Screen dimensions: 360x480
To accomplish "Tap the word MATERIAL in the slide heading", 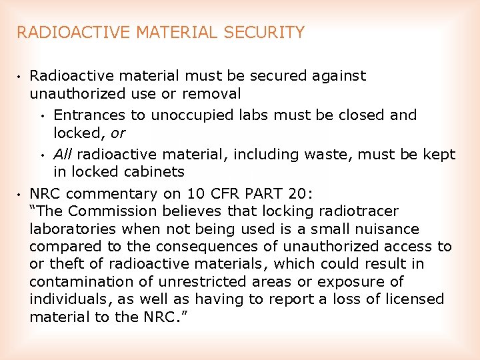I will (x=181, y=32).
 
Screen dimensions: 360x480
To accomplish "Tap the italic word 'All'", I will (x=63, y=155).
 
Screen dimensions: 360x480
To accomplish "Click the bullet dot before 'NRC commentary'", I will (x=21, y=195).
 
